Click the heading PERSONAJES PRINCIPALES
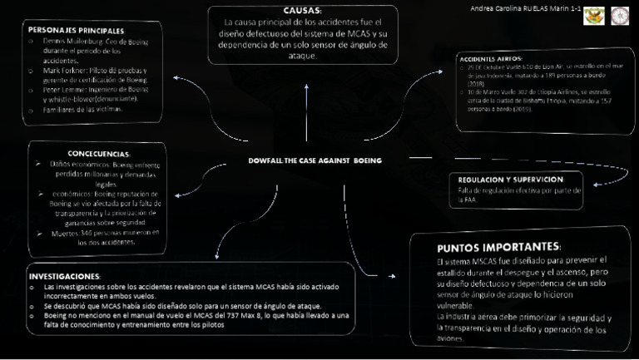77,29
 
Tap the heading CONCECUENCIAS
98,154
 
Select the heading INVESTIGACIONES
64,275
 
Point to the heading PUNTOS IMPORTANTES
498,247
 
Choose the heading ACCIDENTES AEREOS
491,59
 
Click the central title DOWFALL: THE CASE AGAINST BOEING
315,160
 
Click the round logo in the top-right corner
620,16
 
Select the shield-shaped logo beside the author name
594,16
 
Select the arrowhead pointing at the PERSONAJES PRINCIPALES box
176,77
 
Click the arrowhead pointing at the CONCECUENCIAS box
176,194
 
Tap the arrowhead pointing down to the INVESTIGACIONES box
217,256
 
